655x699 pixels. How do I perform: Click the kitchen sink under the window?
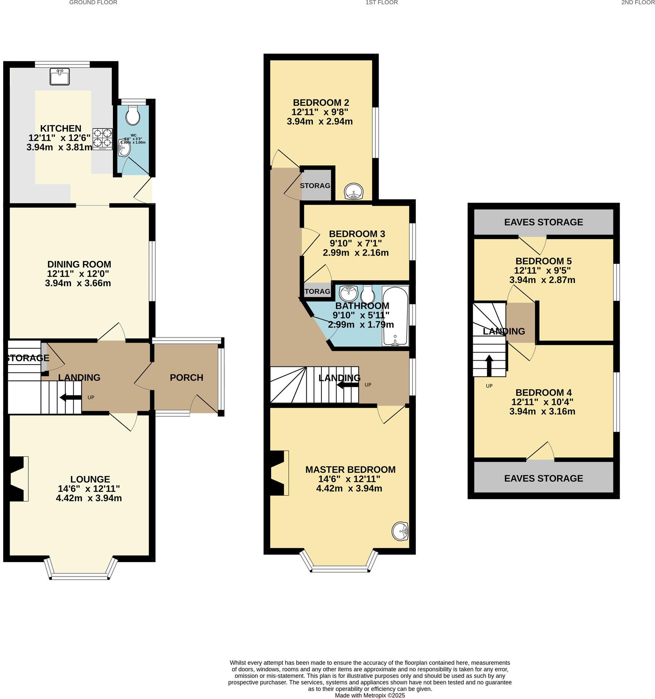tap(60, 76)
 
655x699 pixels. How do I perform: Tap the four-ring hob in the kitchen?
tap(102, 139)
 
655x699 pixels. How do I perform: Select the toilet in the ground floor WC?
tap(133, 115)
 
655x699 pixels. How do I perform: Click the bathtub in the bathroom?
tap(396, 316)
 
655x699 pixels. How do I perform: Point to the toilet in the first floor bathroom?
tap(368, 295)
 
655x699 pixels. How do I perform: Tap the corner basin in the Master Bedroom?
tap(400, 532)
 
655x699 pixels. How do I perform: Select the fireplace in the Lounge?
tap(18, 479)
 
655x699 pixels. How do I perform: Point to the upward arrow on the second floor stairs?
tap(489, 366)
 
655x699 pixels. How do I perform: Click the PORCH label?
tap(186, 378)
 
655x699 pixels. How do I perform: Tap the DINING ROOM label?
tap(79, 264)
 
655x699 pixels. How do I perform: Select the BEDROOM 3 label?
tap(357, 234)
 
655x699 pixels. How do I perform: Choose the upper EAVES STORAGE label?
tap(543, 222)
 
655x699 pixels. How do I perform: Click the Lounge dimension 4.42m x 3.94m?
tap(89, 498)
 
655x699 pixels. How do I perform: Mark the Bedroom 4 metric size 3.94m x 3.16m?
tap(542, 411)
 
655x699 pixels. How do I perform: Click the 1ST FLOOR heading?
tap(381, 3)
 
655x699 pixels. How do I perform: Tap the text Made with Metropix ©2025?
tap(370, 695)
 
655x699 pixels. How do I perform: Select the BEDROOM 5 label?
tap(543, 261)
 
